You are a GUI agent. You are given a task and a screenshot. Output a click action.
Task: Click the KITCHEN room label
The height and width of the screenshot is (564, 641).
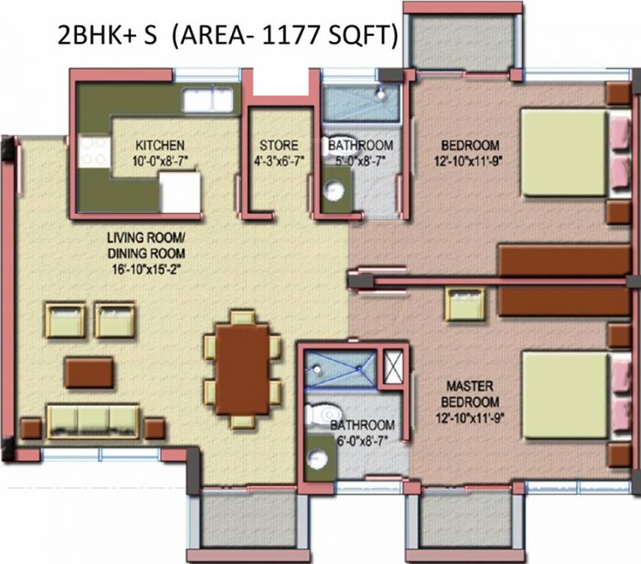click(160, 145)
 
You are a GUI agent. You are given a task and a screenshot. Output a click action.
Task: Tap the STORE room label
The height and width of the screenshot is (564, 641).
click(279, 145)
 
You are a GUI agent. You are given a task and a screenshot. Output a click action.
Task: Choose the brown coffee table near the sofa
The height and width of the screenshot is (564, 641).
click(89, 372)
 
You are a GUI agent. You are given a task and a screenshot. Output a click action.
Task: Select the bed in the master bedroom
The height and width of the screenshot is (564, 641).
click(566, 396)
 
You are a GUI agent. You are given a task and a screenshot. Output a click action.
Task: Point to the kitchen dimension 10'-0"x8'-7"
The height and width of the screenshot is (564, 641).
click(160, 159)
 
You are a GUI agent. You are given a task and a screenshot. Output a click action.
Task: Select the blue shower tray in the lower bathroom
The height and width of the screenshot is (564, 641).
click(340, 368)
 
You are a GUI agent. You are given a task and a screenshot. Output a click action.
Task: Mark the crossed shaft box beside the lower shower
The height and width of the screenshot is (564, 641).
click(393, 368)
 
